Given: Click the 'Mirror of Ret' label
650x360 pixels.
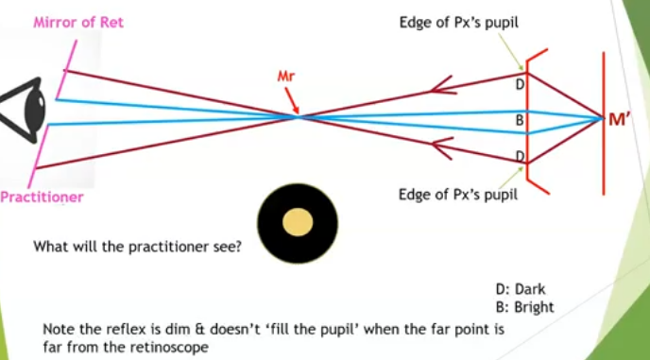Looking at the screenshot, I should pyautogui.click(x=78, y=22).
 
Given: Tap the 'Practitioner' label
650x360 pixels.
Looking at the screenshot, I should pyautogui.click(x=42, y=197).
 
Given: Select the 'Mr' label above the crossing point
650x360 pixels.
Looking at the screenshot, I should pyautogui.click(x=286, y=74).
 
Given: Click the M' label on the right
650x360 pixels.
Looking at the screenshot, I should pyautogui.click(x=620, y=119).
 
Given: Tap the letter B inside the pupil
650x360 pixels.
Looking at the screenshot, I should pyautogui.click(x=519, y=121).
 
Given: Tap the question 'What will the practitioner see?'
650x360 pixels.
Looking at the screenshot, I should pyautogui.click(x=138, y=248).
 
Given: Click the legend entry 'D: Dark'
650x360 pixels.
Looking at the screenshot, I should pyautogui.click(x=521, y=290).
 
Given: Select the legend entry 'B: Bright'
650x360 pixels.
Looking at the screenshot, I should pyautogui.click(x=524, y=307).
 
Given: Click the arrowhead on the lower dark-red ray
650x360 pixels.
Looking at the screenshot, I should pyautogui.click(x=437, y=146).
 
